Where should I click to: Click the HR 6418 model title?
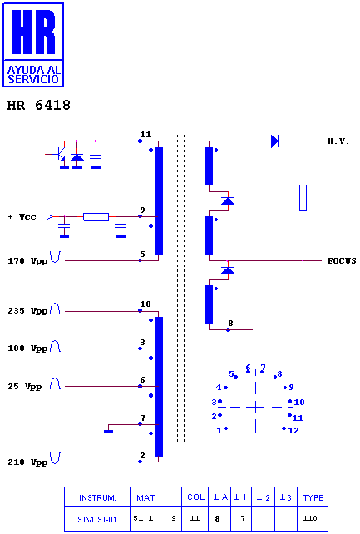click(x=39, y=106)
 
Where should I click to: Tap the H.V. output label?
click(x=338, y=141)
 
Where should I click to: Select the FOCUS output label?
click(x=342, y=261)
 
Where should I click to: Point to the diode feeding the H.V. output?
click(x=274, y=141)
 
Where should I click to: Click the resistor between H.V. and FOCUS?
click(x=303, y=198)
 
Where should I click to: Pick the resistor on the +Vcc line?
click(x=96, y=216)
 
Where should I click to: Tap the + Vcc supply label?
click(x=22, y=217)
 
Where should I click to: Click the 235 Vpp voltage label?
click(x=27, y=311)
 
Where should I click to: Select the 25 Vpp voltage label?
click(x=24, y=387)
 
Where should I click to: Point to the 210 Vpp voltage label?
click(x=27, y=462)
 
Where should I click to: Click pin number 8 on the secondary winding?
click(x=230, y=323)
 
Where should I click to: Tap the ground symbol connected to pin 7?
click(x=109, y=432)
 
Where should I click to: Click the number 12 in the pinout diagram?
click(x=293, y=431)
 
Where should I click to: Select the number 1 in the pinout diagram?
click(x=219, y=431)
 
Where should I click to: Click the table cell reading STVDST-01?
click(x=97, y=519)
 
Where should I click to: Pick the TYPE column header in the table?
click(x=313, y=497)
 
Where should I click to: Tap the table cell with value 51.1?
click(x=143, y=518)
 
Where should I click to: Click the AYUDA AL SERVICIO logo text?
click(x=34, y=75)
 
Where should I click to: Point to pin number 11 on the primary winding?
click(x=145, y=135)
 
